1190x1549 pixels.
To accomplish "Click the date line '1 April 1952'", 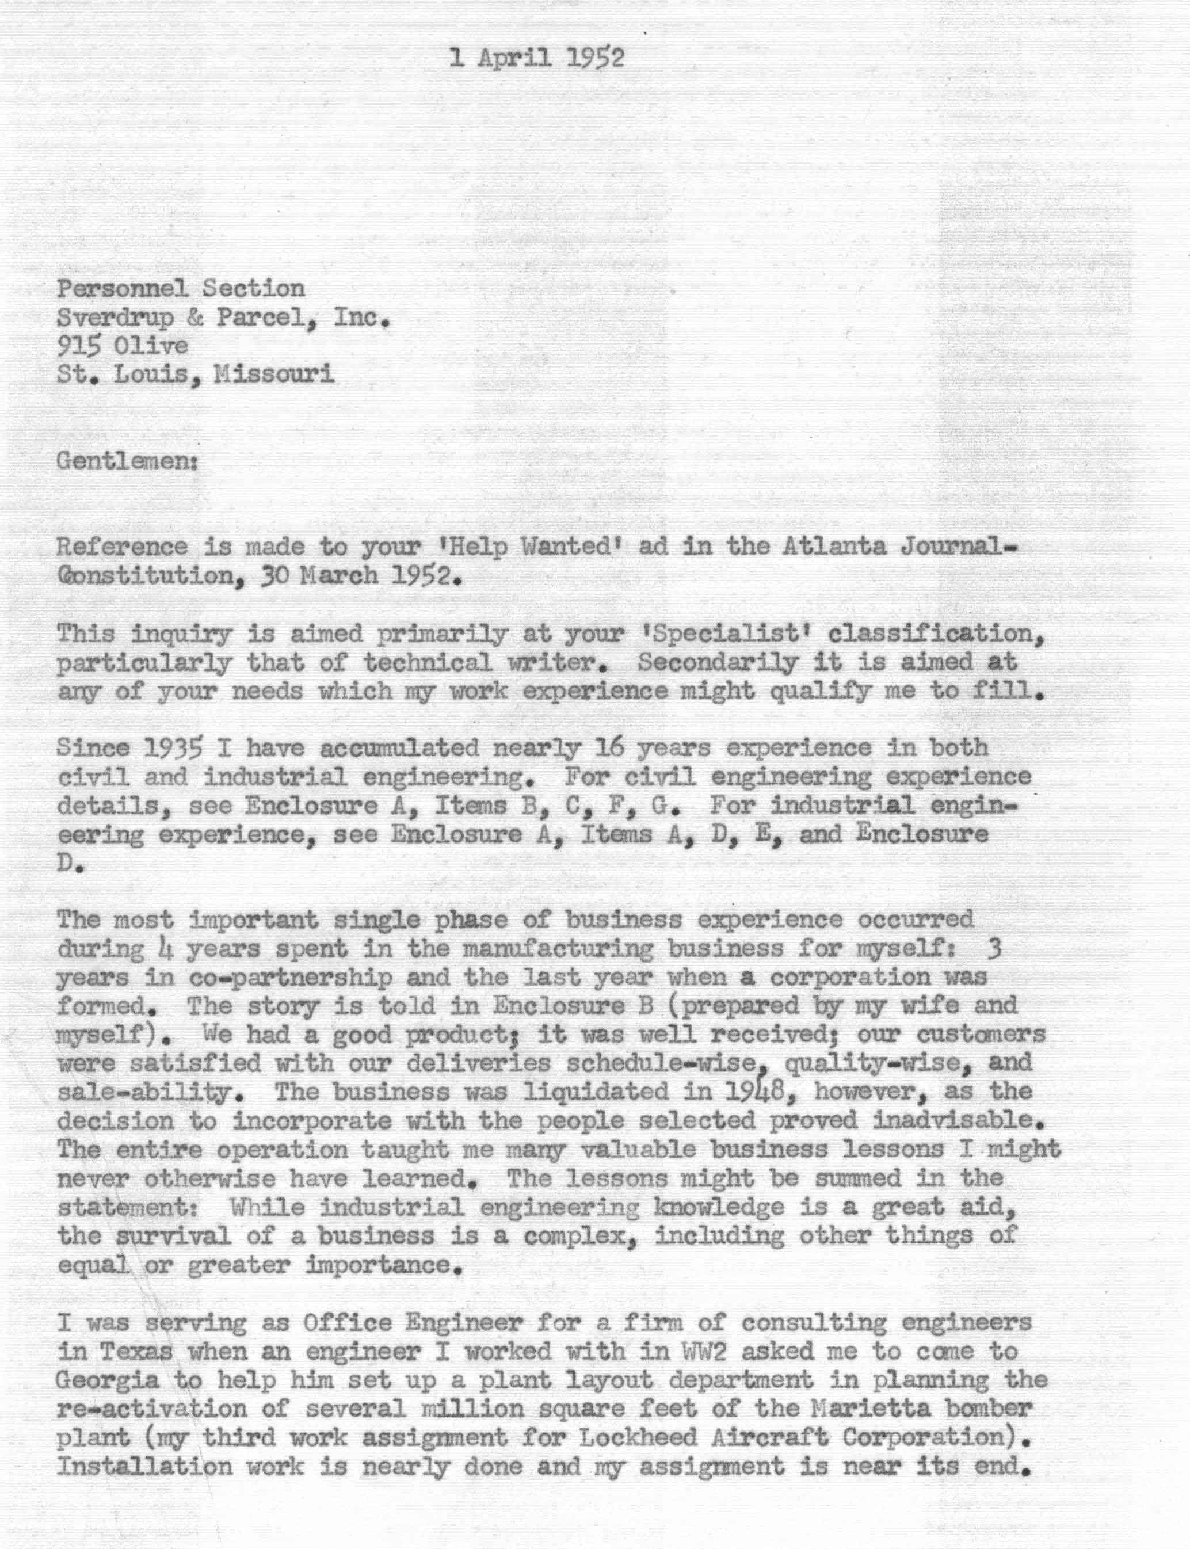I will tap(537, 59).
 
